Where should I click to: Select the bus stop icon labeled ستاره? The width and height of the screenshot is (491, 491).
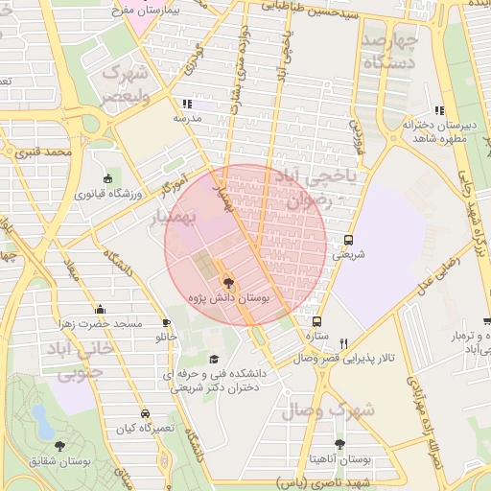[x=317, y=321]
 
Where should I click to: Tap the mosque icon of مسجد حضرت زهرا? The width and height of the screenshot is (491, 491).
[x=101, y=309]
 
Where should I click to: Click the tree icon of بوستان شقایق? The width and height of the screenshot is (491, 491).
[x=59, y=446]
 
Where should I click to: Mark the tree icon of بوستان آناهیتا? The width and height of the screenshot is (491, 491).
[x=339, y=444]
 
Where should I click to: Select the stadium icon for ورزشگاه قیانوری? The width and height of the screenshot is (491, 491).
[x=107, y=178]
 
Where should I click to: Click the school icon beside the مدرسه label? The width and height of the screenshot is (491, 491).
[x=186, y=103]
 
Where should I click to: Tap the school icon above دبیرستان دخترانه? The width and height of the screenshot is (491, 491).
[x=440, y=110]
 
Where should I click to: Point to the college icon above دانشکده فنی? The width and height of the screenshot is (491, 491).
[x=213, y=358]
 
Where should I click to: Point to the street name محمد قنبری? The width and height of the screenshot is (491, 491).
[x=45, y=152]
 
